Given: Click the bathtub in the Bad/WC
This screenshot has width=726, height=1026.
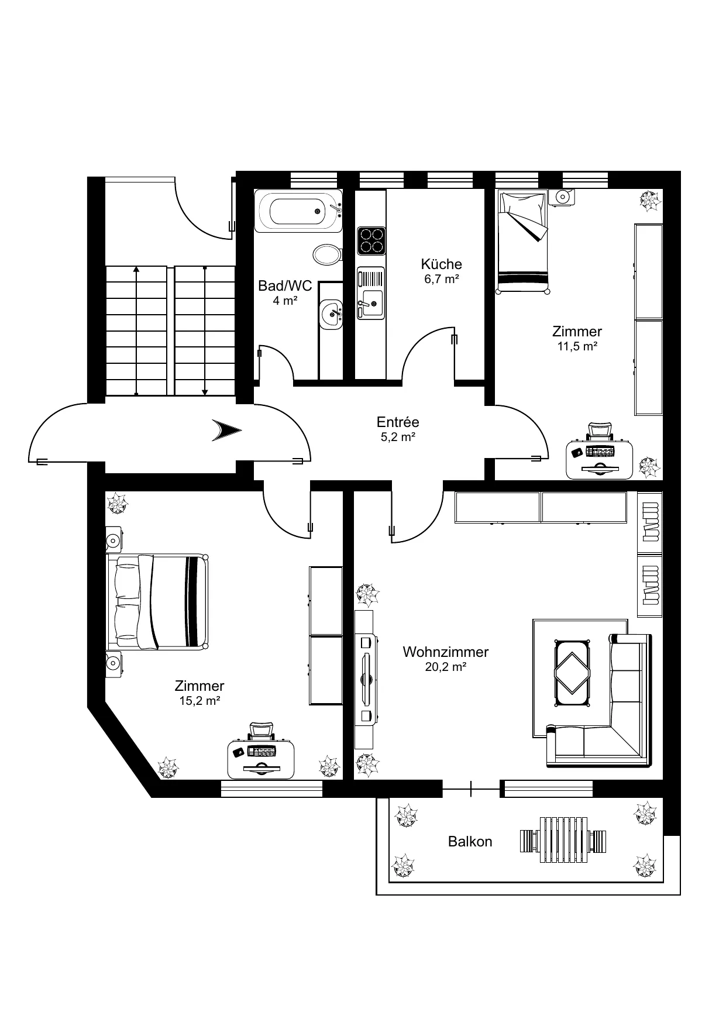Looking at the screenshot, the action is pos(298,211).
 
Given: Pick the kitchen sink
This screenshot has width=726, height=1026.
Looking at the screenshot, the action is pos(371,293).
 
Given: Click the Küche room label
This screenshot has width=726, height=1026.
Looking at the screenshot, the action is pos(442,264).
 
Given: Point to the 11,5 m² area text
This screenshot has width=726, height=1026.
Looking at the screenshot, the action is pos(577,346).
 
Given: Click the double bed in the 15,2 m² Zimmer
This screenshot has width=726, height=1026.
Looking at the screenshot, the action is pos(157,601).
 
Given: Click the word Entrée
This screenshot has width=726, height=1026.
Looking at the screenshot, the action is pos(398,422).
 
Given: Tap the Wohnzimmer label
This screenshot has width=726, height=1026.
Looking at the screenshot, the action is pos(446,652).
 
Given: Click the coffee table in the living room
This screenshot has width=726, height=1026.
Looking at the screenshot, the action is pos(572,673).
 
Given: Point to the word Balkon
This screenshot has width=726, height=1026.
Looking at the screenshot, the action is pos(470,842).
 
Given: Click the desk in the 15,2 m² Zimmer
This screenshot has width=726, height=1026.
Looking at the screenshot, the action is pos(261,759).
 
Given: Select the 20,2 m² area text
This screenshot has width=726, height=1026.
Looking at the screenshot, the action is pos(446,666).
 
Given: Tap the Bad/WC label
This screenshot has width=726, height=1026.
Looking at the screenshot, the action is pos(285,286).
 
